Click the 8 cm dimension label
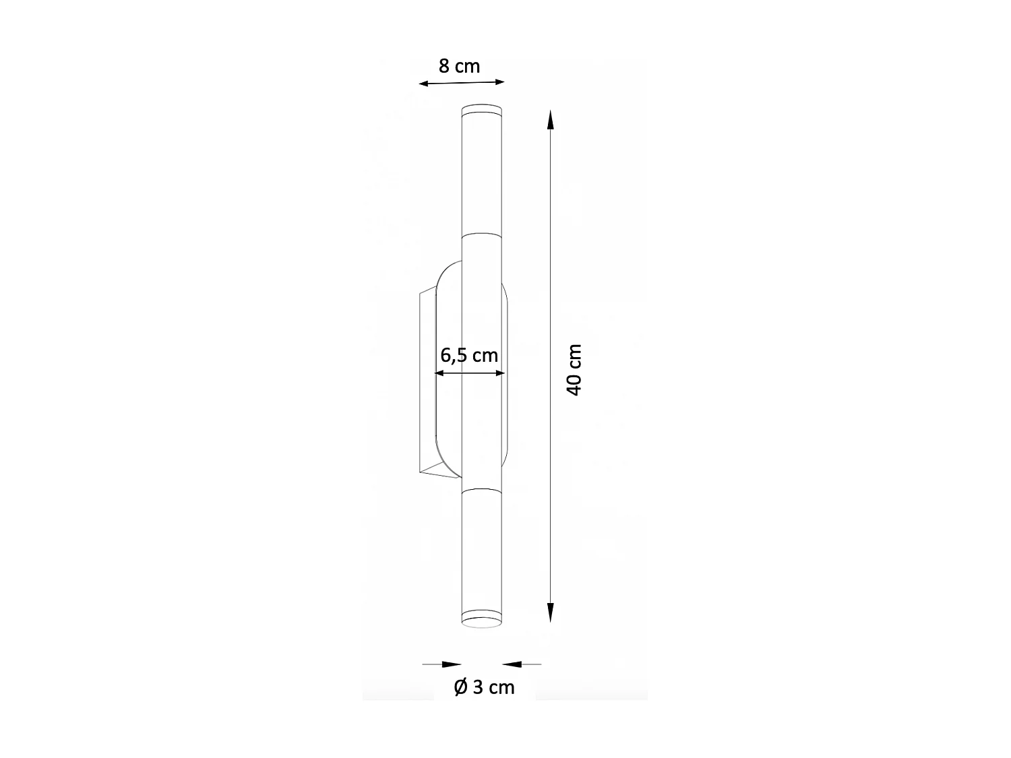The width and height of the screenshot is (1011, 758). pos(459,66)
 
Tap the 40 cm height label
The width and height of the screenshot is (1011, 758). pos(574,370)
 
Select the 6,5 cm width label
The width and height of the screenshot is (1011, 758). pos(469,355)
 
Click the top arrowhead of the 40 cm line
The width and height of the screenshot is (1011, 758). pos(551,120)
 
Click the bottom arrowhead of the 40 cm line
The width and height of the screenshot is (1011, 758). pos(551,611)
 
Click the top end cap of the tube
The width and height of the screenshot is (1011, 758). pos(482,111)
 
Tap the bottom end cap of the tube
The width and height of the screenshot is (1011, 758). pos(482,618)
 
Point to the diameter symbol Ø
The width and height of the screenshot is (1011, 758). pos(461,687)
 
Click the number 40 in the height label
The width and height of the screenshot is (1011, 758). pos(574,384)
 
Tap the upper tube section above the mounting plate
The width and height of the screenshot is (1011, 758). pos(482,175)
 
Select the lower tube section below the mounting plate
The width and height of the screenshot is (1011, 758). pos(482,546)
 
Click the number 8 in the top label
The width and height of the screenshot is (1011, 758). pos(444,66)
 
